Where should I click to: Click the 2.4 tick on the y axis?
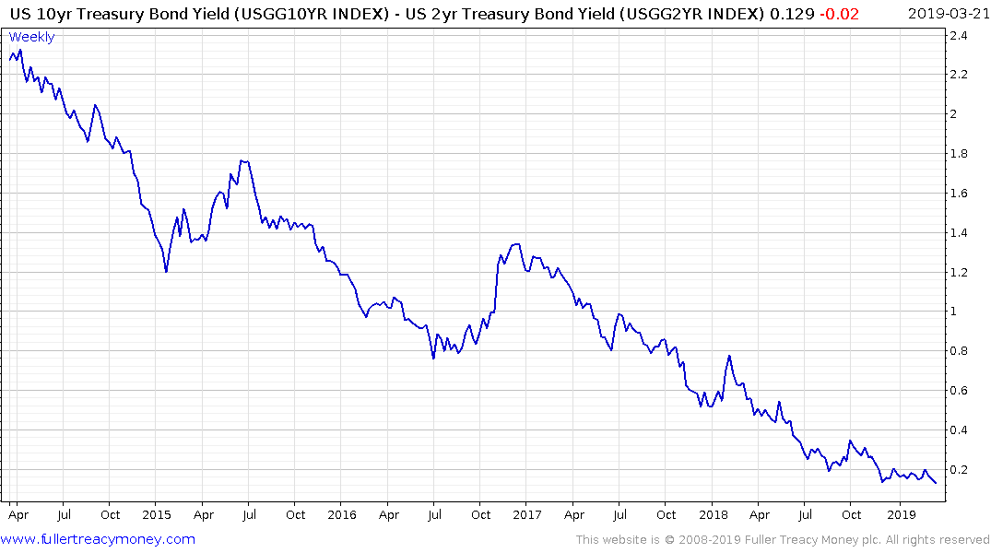point(960,36)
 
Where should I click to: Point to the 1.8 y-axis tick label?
point(960,154)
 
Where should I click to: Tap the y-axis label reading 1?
point(954,312)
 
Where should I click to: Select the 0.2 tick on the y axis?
point(960,470)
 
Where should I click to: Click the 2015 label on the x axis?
point(157,514)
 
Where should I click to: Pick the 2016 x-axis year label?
point(342,514)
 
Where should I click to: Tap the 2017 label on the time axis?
point(527,514)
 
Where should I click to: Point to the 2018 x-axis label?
point(713,514)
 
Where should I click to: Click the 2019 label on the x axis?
point(902,514)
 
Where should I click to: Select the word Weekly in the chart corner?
point(32,37)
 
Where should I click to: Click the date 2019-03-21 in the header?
point(947,13)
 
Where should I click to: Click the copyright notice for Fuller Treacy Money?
point(783,539)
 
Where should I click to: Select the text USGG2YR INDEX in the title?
point(689,13)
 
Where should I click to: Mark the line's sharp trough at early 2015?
point(166,272)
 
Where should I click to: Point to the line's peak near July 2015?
point(242,161)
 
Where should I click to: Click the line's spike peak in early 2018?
point(729,356)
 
